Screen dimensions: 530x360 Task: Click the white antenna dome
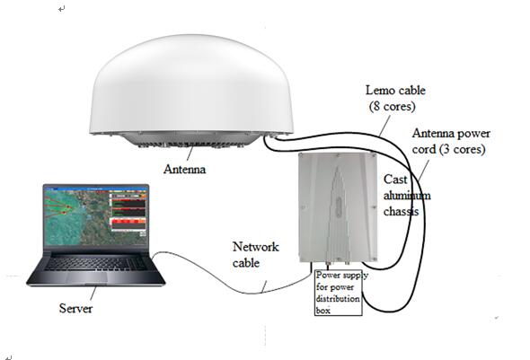click(191, 84)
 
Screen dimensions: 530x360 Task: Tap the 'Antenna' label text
click(184, 169)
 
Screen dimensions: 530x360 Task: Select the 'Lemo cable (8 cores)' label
click(394, 98)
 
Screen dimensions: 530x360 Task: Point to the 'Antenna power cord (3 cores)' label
click(451, 141)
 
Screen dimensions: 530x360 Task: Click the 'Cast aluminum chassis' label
click(407, 195)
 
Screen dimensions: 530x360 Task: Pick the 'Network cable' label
click(255, 255)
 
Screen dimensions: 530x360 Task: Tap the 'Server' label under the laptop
click(75, 308)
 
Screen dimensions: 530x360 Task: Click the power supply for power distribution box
click(339, 293)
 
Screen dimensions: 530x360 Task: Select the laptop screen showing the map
click(96, 215)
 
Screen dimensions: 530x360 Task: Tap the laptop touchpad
click(86, 277)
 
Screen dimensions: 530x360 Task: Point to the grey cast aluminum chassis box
click(338, 207)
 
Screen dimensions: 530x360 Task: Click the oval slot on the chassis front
click(339, 206)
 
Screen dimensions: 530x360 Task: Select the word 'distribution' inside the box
click(338, 299)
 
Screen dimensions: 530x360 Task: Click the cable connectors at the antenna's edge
click(272, 136)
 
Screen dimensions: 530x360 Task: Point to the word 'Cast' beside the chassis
click(395, 180)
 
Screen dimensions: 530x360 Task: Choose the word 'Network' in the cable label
click(255, 247)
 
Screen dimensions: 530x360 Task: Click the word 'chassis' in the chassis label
click(402, 211)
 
